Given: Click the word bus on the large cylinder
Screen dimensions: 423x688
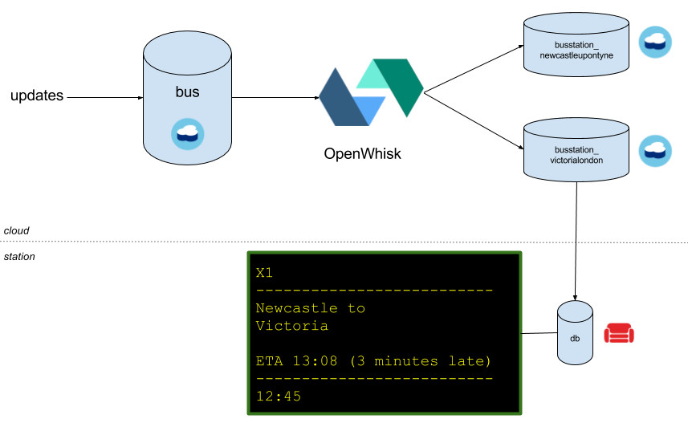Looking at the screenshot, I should pos(187,92).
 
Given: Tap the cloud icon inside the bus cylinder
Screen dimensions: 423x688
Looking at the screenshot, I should pos(187,133).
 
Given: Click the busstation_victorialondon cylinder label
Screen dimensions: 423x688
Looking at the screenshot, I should pos(576,155).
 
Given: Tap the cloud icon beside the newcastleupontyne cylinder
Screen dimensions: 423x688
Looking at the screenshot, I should pos(654,42).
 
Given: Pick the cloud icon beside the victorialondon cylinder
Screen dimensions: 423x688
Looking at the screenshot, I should pos(654,150).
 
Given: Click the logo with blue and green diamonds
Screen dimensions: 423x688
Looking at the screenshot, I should pos(371,92).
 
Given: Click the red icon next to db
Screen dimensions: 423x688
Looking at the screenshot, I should pos(619,333).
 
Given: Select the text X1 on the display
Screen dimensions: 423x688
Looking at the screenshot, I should pos(265,273).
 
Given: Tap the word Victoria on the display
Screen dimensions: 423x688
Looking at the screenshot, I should pos(291,326).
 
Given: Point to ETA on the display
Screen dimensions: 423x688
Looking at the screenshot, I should pos(269,361).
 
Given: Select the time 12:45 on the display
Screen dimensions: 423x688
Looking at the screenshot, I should pos(278,397).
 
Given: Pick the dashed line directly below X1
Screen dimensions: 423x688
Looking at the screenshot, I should pos(374,291).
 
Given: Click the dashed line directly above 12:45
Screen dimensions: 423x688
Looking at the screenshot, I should pos(374,379).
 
